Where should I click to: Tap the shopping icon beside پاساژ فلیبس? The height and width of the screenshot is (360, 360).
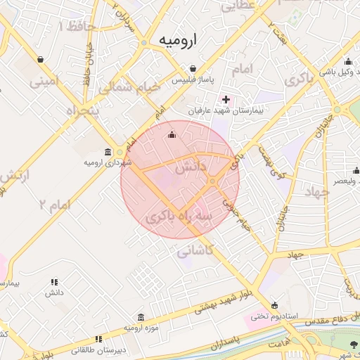pyautogui.click(x=193, y=68)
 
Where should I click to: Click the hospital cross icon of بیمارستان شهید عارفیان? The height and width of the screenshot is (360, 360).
pyautogui.click(x=225, y=98)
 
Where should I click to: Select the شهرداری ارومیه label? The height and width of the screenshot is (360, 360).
pyautogui.click(x=108, y=163)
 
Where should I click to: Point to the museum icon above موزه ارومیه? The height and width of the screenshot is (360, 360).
pyautogui.click(x=141, y=317)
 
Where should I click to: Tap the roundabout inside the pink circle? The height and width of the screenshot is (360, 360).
pyautogui.click(x=212, y=182)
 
